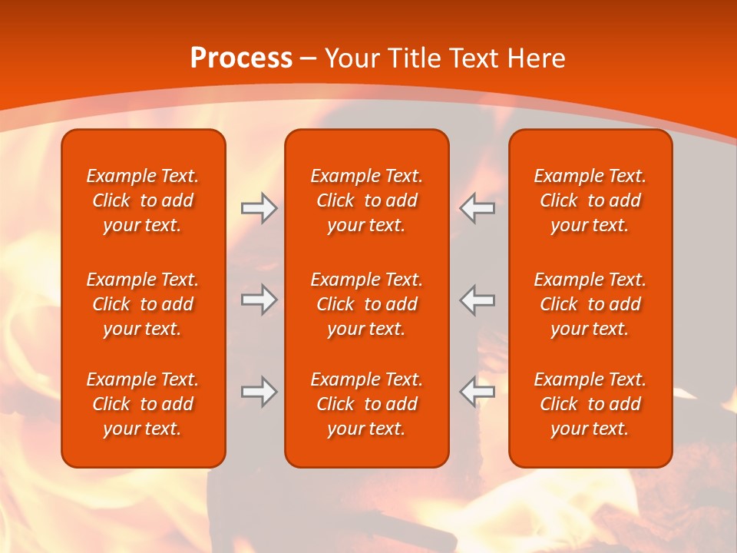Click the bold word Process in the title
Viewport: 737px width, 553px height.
(x=241, y=58)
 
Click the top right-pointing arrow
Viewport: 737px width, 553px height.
(x=259, y=208)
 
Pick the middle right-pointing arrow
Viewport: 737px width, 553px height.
(x=259, y=300)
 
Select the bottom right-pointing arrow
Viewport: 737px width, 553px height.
(x=259, y=392)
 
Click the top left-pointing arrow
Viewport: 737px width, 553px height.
(x=477, y=208)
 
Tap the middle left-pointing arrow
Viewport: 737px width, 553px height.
(x=477, y=300)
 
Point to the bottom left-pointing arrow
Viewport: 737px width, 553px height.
(x=477, y=392)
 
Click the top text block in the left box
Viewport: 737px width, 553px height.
(x=143, y=200)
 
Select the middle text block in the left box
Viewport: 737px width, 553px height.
(x=143, y=304)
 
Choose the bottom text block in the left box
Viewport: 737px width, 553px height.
(x=143, y=404)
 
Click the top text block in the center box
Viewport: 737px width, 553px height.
(x=366, y=200)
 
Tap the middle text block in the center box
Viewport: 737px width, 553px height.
(x=366, y=304)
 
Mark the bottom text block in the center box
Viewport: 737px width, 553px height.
(x=366, y=404)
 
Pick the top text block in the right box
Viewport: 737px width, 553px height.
(x=590, y=200)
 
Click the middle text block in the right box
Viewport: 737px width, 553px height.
(x=590, y=304)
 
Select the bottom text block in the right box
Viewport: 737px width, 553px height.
(x=590, y=404)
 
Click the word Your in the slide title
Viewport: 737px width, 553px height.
(x=350, y=58)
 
